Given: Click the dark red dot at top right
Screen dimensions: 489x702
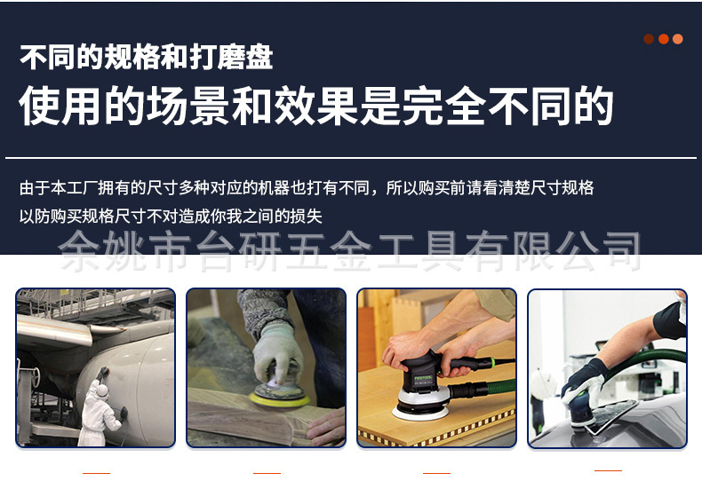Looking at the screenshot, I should coord(649,39).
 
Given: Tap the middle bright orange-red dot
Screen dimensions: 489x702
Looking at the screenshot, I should coord(663,39).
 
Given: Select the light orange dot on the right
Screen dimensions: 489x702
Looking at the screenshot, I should coord(678,39).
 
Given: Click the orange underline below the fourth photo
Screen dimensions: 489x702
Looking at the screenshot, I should coord(608,470).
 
